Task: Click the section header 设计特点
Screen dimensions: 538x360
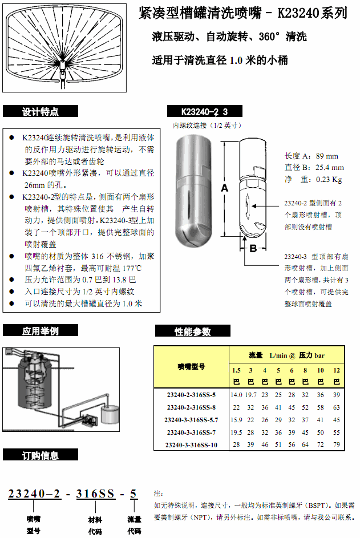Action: point(40,112)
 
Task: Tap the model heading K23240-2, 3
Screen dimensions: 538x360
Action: point(204,112)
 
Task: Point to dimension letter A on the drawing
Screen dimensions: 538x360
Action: point(224,187)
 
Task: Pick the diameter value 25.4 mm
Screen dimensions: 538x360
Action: point(329,168)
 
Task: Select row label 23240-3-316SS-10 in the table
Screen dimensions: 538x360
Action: point(192,444)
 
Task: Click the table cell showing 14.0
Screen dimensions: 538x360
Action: point(236,395)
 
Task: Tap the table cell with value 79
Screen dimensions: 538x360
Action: point(336,444)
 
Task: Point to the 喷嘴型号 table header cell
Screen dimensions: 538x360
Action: point(191,366)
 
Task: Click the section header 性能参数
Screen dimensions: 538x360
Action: point(192,331)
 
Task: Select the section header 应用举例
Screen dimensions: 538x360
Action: point(40,331)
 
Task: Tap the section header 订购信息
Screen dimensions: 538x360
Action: point(40,455)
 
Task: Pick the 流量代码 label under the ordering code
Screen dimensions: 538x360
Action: point(134,525)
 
